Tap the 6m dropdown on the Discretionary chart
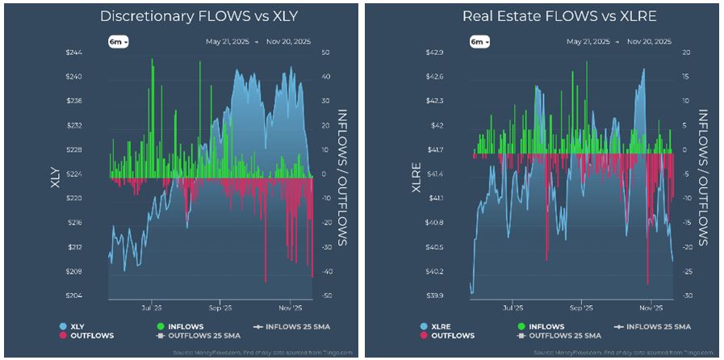pyautogui.click(x=119, y=40)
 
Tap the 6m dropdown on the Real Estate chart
pyautogui.click(x=479, y=40)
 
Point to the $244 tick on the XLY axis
pyautogui.click(x=95, y=52)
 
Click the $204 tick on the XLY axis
pyautogui.click(x=95, y=295)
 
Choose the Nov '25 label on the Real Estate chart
pyautogui.click(x=651, y=308)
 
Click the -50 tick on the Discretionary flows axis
pyautogui.click(x=329, y=295)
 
